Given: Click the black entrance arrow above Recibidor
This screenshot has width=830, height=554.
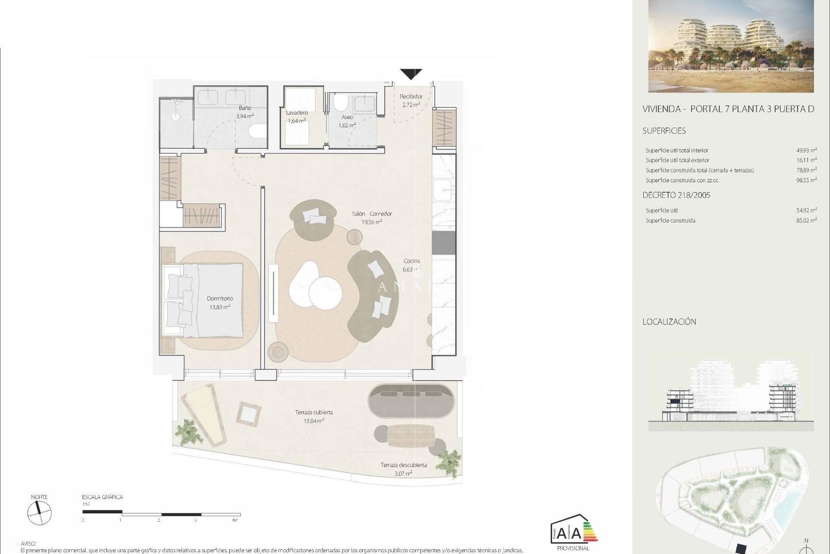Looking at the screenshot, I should (411, 74).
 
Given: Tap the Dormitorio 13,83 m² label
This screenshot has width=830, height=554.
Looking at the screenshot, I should (220, 303).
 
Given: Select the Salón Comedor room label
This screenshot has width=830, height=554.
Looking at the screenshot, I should (372, 218).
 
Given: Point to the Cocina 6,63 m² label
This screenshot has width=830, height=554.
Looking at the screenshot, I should (411, 265).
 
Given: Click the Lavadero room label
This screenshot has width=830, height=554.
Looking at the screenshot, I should (297, 116).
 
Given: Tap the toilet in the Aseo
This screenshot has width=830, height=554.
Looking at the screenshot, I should (341, 103).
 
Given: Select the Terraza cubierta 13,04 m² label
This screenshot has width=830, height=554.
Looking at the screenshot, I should (314, 416).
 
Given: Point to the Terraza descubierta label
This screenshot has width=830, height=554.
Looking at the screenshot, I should (403, 469).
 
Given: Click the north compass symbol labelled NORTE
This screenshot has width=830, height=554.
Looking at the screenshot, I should (39, 513).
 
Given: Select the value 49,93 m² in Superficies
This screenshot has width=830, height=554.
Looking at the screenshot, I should (806, 151).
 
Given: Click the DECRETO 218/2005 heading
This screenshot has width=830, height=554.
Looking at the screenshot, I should (676, 195).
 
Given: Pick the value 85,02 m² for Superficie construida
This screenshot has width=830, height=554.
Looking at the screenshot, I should (806, 220).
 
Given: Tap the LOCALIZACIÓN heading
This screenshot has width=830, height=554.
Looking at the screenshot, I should (669, 322).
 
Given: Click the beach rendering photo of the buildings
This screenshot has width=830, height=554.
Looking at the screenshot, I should (731, 46).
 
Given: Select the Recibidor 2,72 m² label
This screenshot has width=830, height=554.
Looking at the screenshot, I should (411, 100).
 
